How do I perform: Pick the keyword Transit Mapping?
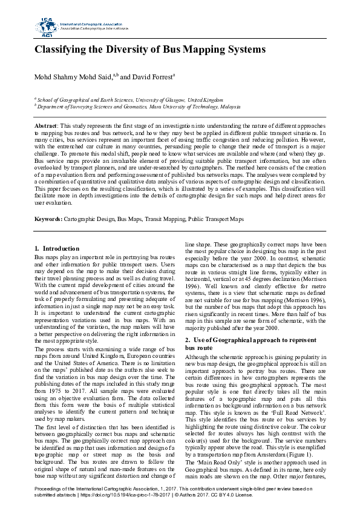[x=162, y=219]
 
